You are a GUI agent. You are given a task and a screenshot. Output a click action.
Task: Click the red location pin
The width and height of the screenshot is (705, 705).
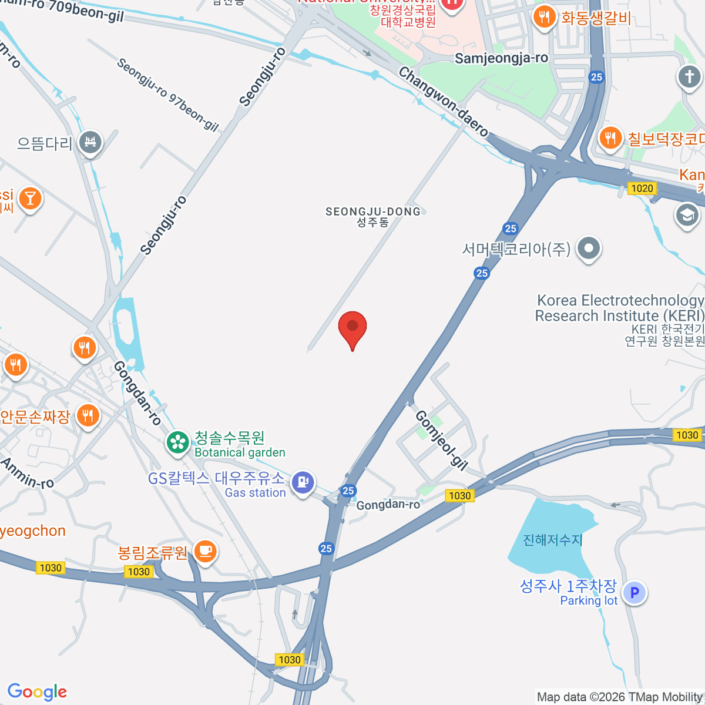click(x=352, y=328)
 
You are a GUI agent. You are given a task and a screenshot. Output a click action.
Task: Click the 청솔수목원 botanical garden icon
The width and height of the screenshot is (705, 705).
click(x=177, y=442)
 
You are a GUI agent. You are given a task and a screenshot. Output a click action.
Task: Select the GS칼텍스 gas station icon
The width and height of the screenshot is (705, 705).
click(x=303, y=482)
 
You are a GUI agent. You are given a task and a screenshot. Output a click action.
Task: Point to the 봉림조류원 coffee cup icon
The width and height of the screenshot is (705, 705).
click(x=205, y=552)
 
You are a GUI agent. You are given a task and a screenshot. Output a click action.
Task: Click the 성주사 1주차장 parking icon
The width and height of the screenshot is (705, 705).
click(x=634, y=593)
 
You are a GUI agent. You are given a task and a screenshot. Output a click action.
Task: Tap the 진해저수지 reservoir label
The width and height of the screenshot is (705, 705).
click(x=553, y=539)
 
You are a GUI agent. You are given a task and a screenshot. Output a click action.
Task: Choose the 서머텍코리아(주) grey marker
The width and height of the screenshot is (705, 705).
click(x=588, y=249)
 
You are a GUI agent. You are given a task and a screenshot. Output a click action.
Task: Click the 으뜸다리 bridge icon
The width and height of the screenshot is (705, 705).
click(x=90, y=142)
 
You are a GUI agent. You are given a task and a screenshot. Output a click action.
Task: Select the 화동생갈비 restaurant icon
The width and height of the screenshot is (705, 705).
click(x=545, y=17)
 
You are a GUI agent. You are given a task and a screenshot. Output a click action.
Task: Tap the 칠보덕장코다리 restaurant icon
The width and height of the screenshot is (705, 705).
click(x=611, y=138)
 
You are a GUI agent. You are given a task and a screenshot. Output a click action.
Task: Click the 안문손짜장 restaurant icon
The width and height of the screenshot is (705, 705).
click(x=88, y=416)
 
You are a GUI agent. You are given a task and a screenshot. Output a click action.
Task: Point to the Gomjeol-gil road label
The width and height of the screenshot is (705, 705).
click(x=441, y=440)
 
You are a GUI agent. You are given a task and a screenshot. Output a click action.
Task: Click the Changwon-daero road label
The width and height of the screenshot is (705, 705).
click(x=444, y=102)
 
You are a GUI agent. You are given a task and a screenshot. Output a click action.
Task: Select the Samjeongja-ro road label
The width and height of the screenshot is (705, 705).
click(x=501, y=58)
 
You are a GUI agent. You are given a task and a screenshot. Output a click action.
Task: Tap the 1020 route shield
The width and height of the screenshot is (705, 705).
click(x=642, y=188)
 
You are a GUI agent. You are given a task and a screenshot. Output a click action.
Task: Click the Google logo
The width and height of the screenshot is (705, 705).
click(x=37, y=691)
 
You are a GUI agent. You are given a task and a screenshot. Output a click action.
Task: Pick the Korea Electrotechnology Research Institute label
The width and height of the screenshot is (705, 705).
click(x=620, y=308)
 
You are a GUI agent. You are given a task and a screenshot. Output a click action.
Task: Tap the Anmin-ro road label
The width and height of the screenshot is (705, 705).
click(x=27, y=474)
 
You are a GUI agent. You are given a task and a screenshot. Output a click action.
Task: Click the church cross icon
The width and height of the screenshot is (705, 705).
click(x=689, y=76)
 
